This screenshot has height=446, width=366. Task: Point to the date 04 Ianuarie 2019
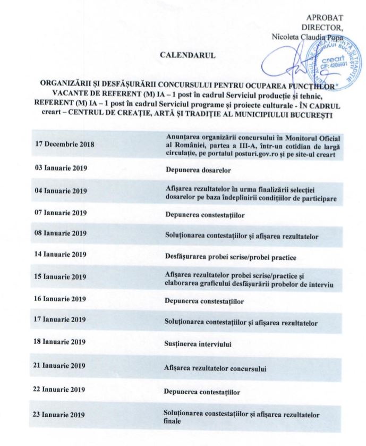(x=59, y=190)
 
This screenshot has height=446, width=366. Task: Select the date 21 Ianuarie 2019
(x=59, y=366)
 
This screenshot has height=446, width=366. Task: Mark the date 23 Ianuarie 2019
(x=59, y=414)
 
